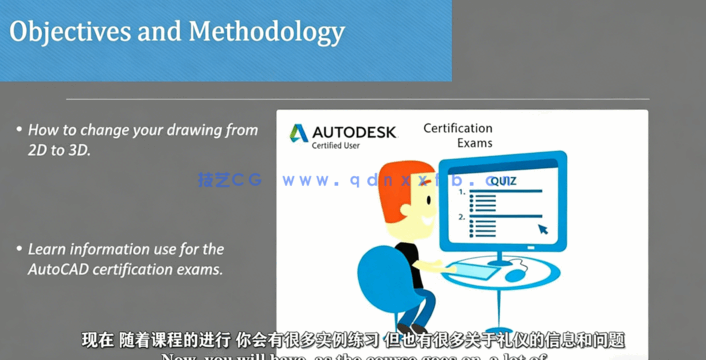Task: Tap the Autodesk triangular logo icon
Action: tap(298, 132)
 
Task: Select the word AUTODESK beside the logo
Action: tap(354, 132)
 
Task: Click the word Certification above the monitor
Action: tap(458, 128)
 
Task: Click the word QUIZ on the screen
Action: tap(501, 181)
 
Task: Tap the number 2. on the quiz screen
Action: tap(461, 216)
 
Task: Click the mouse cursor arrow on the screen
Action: tap(544, 230)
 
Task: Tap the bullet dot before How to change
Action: tap(19, 130)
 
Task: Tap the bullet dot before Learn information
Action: tap(19, 249)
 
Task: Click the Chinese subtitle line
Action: tap(353, 340)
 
